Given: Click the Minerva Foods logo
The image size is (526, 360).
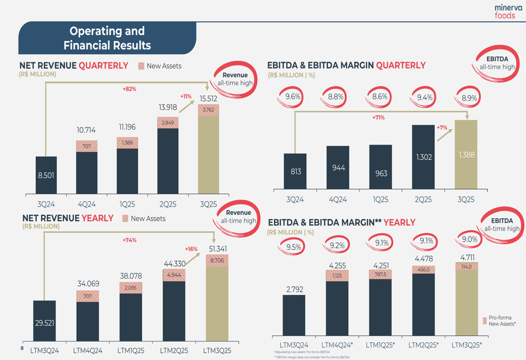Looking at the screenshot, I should coord(508,12).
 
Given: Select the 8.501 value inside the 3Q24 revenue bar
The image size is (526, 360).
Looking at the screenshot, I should coord(46,175).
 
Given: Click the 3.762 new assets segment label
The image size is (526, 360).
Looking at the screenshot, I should coord(208,110).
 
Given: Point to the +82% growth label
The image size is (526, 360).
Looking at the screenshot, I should coord(129,89).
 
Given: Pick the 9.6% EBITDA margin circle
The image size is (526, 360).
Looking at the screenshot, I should coord(294,97).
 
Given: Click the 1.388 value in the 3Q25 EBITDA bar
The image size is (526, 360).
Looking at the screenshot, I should coord(466,155).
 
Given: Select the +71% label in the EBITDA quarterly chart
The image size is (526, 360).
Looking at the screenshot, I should coord(378,118).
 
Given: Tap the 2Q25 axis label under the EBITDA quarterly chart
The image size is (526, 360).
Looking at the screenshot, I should coord(423,200).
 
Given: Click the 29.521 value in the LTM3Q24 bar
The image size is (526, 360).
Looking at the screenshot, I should coord(45,323).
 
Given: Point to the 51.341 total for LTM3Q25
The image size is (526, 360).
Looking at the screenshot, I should coord(217,249).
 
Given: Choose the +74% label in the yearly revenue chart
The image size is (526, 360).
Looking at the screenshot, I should coord(129,240).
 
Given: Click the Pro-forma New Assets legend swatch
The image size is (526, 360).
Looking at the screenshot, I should coord(484,321).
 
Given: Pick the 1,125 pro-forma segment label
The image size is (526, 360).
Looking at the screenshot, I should coord(337,275).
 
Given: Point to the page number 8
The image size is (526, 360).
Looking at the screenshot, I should coord(22,348).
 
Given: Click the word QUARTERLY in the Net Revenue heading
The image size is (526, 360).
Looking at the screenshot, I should coord(103,66).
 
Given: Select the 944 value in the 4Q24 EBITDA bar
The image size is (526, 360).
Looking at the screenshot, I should coord(338,168).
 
